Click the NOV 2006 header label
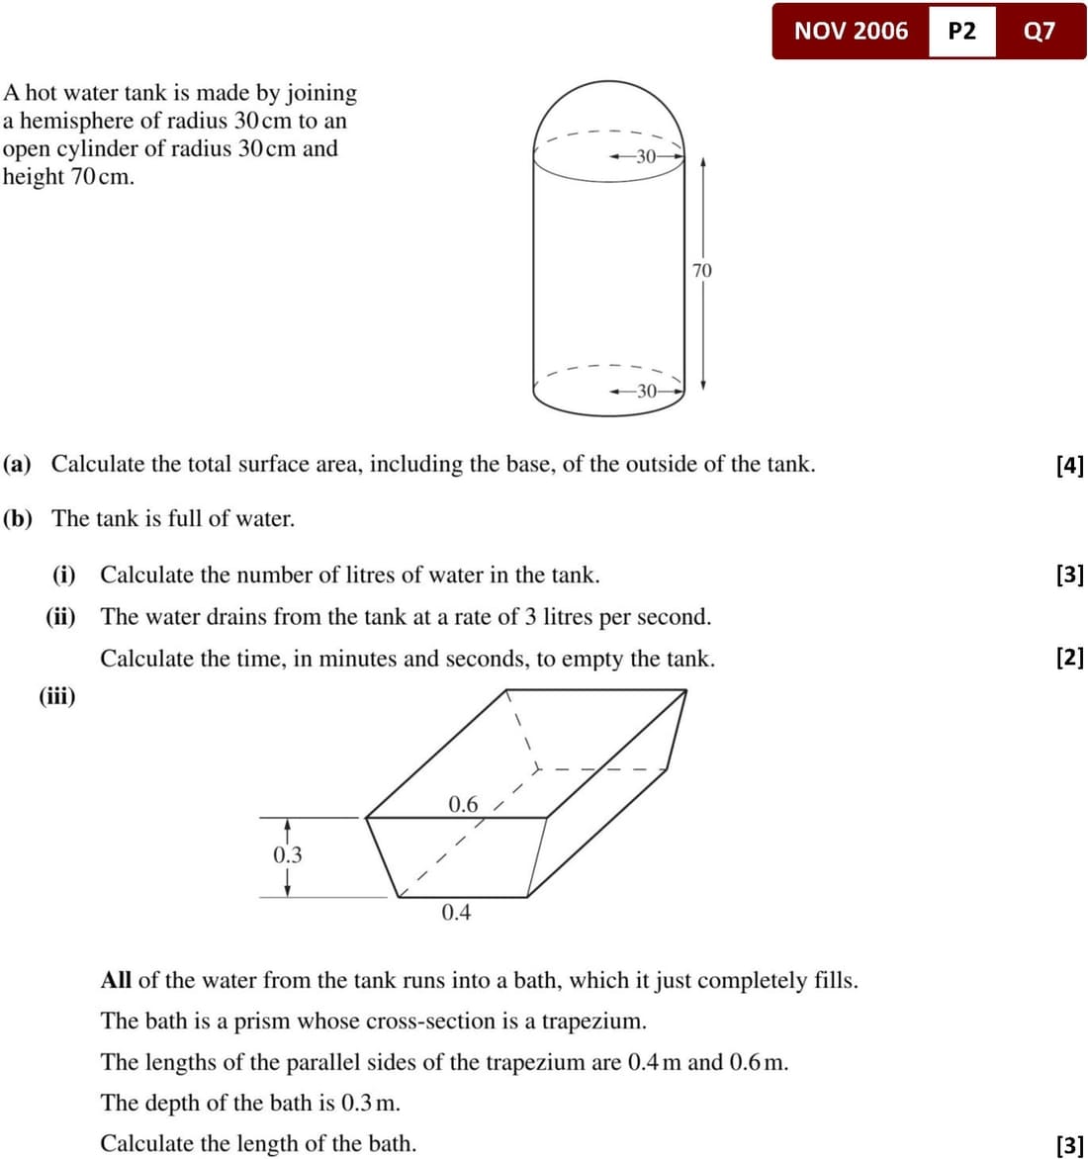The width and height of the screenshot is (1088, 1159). (851, 31)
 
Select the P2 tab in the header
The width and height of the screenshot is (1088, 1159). (961, 31)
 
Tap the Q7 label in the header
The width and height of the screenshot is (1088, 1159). (1040, 31)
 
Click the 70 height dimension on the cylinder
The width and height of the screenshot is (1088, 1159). (701, 270)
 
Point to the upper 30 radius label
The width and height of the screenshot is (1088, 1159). (646, 156)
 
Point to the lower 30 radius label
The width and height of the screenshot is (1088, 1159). (646, 391)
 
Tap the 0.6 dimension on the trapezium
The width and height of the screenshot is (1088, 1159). (463, 804)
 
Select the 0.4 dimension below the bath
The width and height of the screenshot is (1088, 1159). (456, 912)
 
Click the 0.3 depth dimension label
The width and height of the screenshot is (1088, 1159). (288, 854)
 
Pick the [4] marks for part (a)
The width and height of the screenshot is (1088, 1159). (1070, 465)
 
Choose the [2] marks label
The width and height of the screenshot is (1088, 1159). (1070, 658)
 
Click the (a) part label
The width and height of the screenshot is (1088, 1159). (17, 464)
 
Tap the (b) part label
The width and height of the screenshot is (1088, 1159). (18, 518)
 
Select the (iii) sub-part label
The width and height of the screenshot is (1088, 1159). (57, 695)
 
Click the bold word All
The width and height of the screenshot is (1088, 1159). (116, 980)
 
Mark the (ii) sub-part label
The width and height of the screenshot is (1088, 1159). (60, 617)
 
